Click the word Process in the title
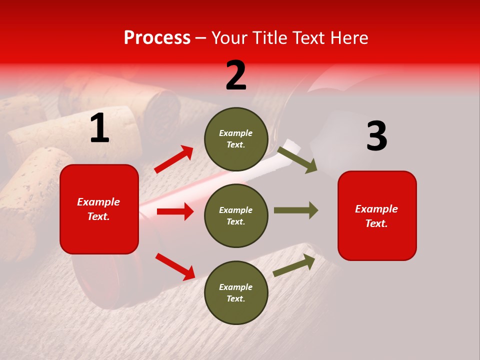coord(157,38)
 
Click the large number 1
coord(99,128)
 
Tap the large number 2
coord(236,75)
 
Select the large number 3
coord(376,136)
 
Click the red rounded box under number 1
coord(99,209)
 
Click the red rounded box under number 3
coord(377,215)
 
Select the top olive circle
coord(236,138)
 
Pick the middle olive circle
coord(236,215)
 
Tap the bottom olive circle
coord(236,292)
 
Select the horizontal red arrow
coord(175,211)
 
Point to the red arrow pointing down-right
coord(175,266)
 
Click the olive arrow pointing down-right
coord(297,159)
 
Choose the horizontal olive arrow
coord(295,210)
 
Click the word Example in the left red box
coord(98,202)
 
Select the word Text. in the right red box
coord(376,223)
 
